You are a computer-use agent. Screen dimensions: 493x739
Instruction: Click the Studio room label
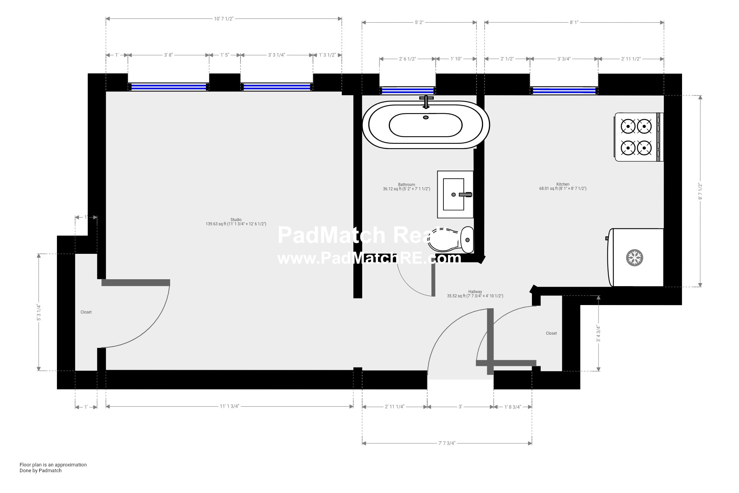(236, 220)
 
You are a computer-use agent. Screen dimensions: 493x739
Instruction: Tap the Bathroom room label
(406, 185)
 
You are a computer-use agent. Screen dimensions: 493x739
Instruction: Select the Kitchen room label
(562, 184)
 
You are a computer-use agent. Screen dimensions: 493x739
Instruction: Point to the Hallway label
(475, 292)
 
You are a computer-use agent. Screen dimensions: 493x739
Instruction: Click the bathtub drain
(426, 117)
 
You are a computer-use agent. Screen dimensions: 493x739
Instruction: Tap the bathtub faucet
(426, 101)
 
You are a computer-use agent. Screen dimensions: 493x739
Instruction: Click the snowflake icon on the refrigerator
(635, 258)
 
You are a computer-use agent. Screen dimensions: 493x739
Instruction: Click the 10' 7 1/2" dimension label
(224, 18)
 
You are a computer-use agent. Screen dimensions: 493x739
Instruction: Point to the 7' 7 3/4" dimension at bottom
(446, 443)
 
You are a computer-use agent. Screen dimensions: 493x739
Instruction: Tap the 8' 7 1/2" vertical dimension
(700, 191)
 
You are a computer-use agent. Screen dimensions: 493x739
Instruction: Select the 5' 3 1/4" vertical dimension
(38, 312)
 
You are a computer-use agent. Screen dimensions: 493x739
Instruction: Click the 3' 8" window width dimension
(168, 55)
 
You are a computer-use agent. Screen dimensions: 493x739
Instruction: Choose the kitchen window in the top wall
(564, 91)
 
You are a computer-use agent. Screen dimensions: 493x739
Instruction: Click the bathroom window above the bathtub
(407, 91)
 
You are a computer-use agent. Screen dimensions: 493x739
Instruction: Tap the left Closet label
(86, 312)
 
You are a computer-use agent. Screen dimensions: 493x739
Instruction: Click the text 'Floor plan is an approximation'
(53, 465)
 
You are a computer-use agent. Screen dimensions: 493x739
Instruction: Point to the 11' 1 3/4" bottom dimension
(229, 406)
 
